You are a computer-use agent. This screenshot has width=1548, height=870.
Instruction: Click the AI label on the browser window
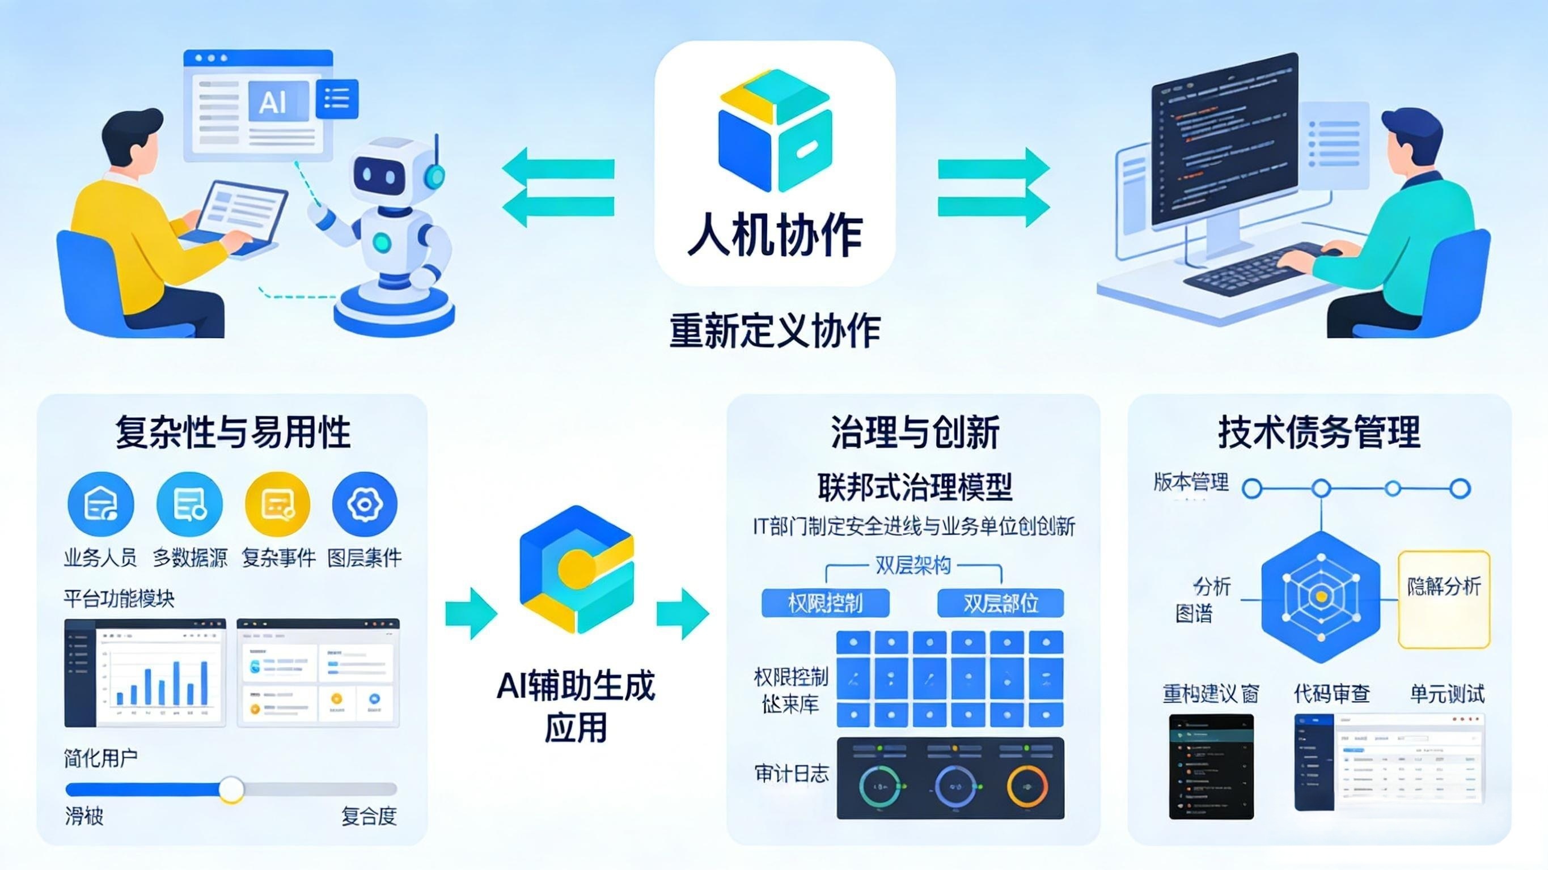[273, 103]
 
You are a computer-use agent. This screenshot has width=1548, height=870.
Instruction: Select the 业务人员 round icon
[100, 504]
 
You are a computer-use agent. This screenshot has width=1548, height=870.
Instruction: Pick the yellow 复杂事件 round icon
[278, 504]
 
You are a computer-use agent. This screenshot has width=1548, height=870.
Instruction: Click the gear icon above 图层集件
[365, 504]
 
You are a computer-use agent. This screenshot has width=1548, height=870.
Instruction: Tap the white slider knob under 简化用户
[231, 789]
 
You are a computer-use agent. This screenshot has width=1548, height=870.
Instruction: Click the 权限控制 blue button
[825, 602]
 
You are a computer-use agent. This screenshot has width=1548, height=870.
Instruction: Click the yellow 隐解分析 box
[1444, 599]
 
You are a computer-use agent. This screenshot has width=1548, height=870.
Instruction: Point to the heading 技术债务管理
[1319, 432]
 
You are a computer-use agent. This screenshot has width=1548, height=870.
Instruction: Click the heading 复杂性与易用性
[232, 432]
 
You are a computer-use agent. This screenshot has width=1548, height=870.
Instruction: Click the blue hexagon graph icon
[1320, 597]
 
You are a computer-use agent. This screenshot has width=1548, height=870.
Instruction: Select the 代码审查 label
[1331, 694]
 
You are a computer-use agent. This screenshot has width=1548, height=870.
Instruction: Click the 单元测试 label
[1447, 694]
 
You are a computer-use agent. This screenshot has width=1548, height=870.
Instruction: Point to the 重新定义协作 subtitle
[775, 331]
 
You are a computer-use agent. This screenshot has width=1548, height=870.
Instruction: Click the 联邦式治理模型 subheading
[915, 487]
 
